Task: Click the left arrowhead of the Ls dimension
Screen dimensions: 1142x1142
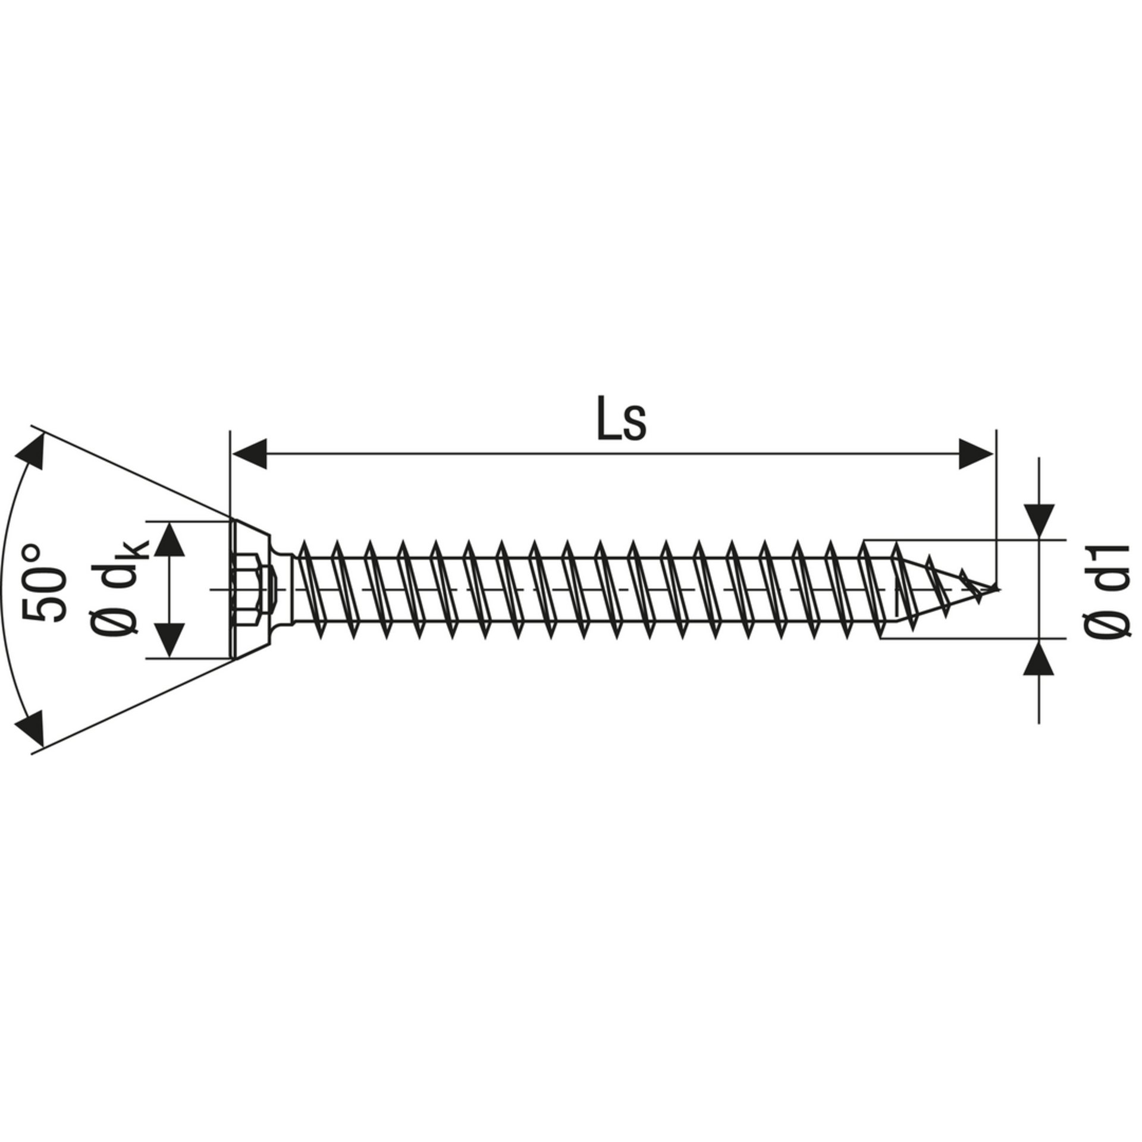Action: pos(249,456)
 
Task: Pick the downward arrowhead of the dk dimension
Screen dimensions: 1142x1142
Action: pos(170,641)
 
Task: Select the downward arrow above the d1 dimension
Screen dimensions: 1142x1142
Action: pos(1039,523)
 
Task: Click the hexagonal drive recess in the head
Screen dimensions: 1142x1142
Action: pos(250,589)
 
